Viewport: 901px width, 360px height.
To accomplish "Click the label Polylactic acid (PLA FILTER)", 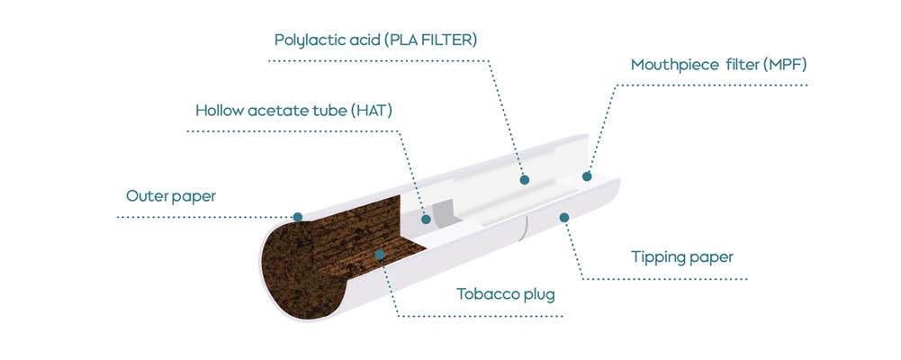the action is pos(376,40).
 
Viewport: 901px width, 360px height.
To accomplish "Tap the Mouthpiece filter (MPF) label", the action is pos(719,65).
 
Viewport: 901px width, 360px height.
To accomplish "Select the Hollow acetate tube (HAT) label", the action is pos(293,111).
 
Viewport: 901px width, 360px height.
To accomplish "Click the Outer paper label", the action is pos(171,196).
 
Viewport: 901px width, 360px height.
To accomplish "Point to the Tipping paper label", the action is pos(682,257).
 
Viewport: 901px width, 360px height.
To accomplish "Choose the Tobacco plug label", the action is pos(506,294).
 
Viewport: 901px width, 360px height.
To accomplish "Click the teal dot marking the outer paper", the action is pos(297,217).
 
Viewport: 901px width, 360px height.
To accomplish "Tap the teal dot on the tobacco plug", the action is pos(379,255).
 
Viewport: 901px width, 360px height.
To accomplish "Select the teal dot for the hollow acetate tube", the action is pos(426,219).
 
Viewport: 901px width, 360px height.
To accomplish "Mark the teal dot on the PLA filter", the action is pos(524,180).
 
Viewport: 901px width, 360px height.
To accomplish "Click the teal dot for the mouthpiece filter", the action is pos(587,176).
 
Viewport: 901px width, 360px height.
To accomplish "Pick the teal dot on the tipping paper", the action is pos(564,217).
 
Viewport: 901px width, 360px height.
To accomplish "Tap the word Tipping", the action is pos(655,257).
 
